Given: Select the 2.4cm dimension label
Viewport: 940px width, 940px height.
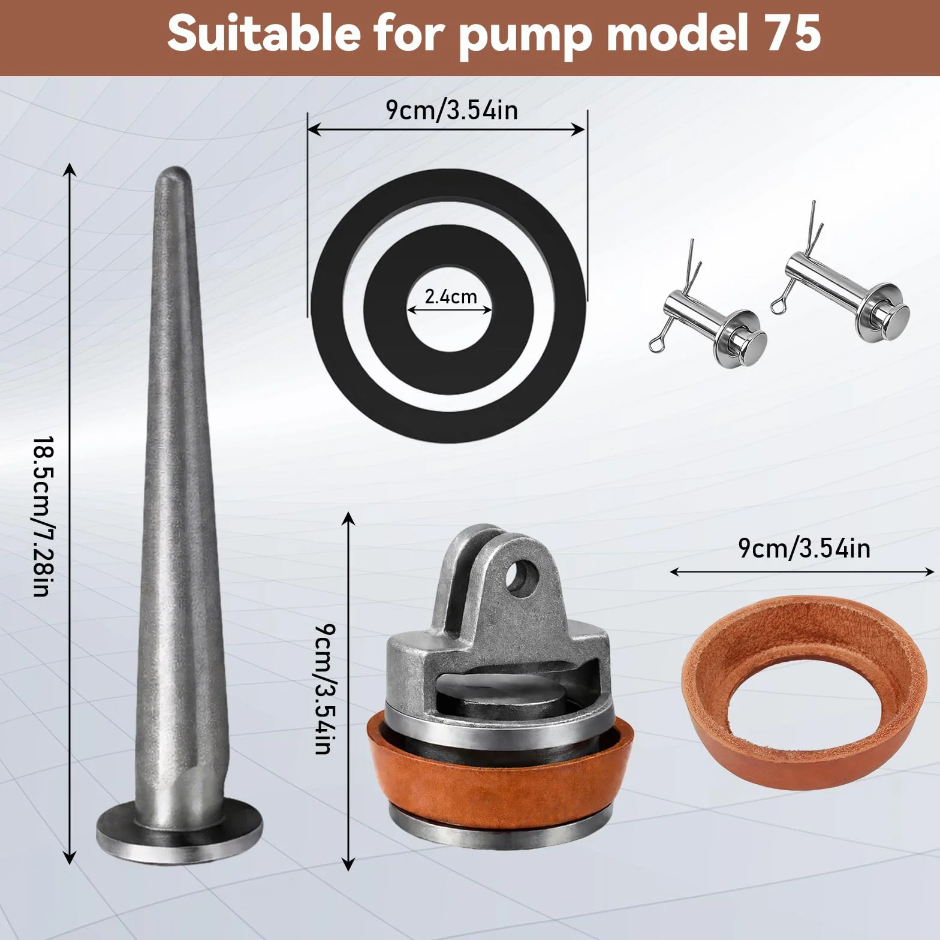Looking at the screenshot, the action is (x=451, y=297).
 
